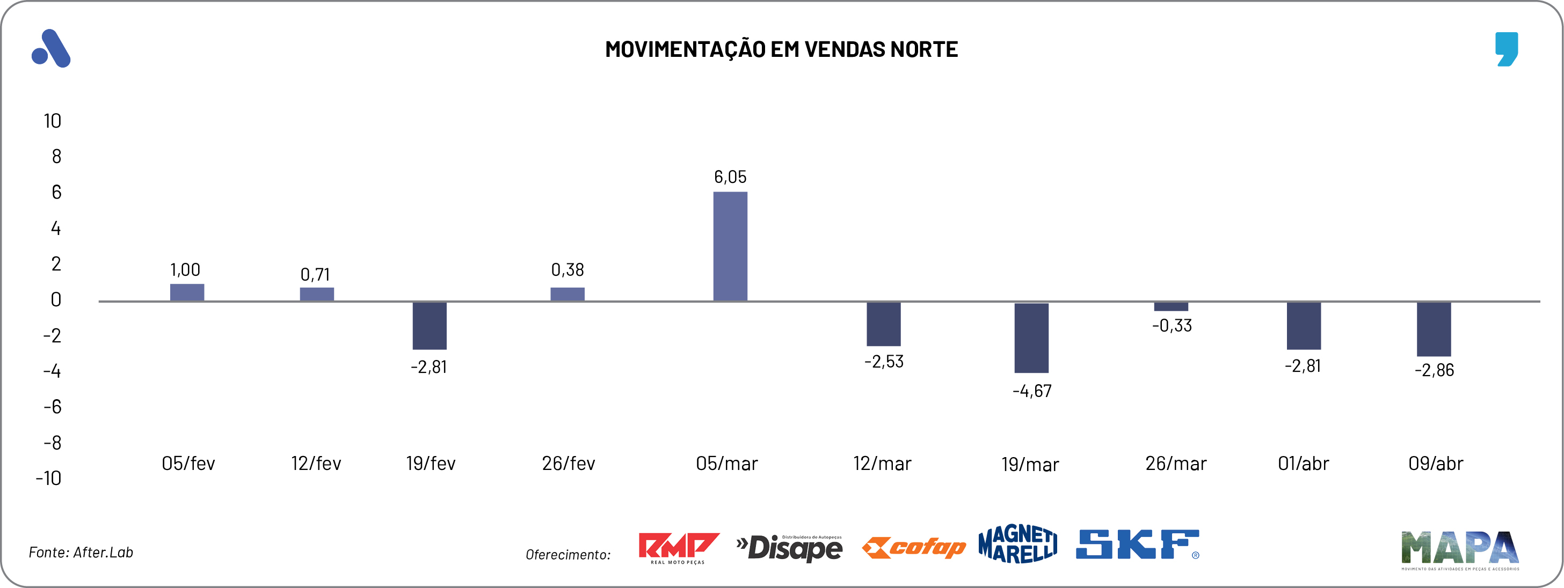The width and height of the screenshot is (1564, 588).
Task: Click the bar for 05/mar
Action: [x=730, y=246]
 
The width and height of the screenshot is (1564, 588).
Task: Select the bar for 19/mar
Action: [x=1031, y=338]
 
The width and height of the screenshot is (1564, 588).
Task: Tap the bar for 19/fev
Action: [x=429, y=326]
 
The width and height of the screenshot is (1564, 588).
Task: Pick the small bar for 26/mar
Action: [x=1170, y=306]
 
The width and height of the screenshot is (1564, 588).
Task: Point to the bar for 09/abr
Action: [x=1434, y=329]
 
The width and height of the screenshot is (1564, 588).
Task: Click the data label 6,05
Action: [x=730, y=177]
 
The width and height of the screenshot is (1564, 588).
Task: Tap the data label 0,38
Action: [x=567, y=270]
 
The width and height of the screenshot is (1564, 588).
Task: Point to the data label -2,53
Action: [x=883, y=362]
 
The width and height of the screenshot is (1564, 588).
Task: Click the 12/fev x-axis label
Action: [x=316, y=464]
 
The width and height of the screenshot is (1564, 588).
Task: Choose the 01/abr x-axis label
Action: [x=1303, y=464]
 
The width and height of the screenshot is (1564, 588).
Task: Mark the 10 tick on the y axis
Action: [x=52, y=121]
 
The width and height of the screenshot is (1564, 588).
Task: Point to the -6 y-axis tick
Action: [x=52, y=407]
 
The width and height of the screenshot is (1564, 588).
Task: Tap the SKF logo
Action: [x=1137, y=545]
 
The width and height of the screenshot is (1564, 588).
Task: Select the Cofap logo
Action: [x=913, y=548]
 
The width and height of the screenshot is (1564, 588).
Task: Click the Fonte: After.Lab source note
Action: [x=81, y=552]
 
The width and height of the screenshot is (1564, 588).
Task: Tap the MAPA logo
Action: [x=1459, y=549]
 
